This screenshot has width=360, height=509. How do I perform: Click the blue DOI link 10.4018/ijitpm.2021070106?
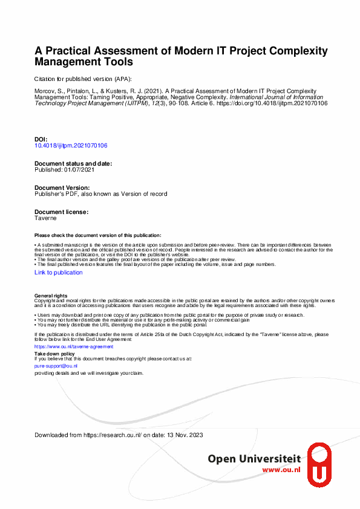pyautogui.click(x=71, y=146)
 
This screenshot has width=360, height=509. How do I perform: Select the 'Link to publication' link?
pyautogui.click(x=58, y=273)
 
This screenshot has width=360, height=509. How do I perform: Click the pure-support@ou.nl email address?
pyautogui.click(x=56, y=366)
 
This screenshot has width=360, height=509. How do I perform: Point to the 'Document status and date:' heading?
pyautogui.click(x=73, y=164)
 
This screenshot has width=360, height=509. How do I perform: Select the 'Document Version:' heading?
pyautogui.click(x=62, y=188)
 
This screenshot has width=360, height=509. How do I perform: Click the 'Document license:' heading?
pyautogui.click(x=62, y=212)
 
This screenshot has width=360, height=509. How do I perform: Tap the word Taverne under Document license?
pyautogui.click(x=45, y=218)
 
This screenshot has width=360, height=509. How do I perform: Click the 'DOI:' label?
pyautogui.click(x=41, y=140)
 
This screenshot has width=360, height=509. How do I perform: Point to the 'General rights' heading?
pyautogui.click(x=51, y=296)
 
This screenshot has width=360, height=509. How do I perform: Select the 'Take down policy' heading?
pyautogui.click(x=54, y=354)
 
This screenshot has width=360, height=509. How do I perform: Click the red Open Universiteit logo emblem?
pyautogui.click(x=319, y=464)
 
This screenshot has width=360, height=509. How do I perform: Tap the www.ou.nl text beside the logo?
pyautogui.click(x=281, y=470)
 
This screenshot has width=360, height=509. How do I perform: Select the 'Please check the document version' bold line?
pyautogui.click(x=98, y=235)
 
